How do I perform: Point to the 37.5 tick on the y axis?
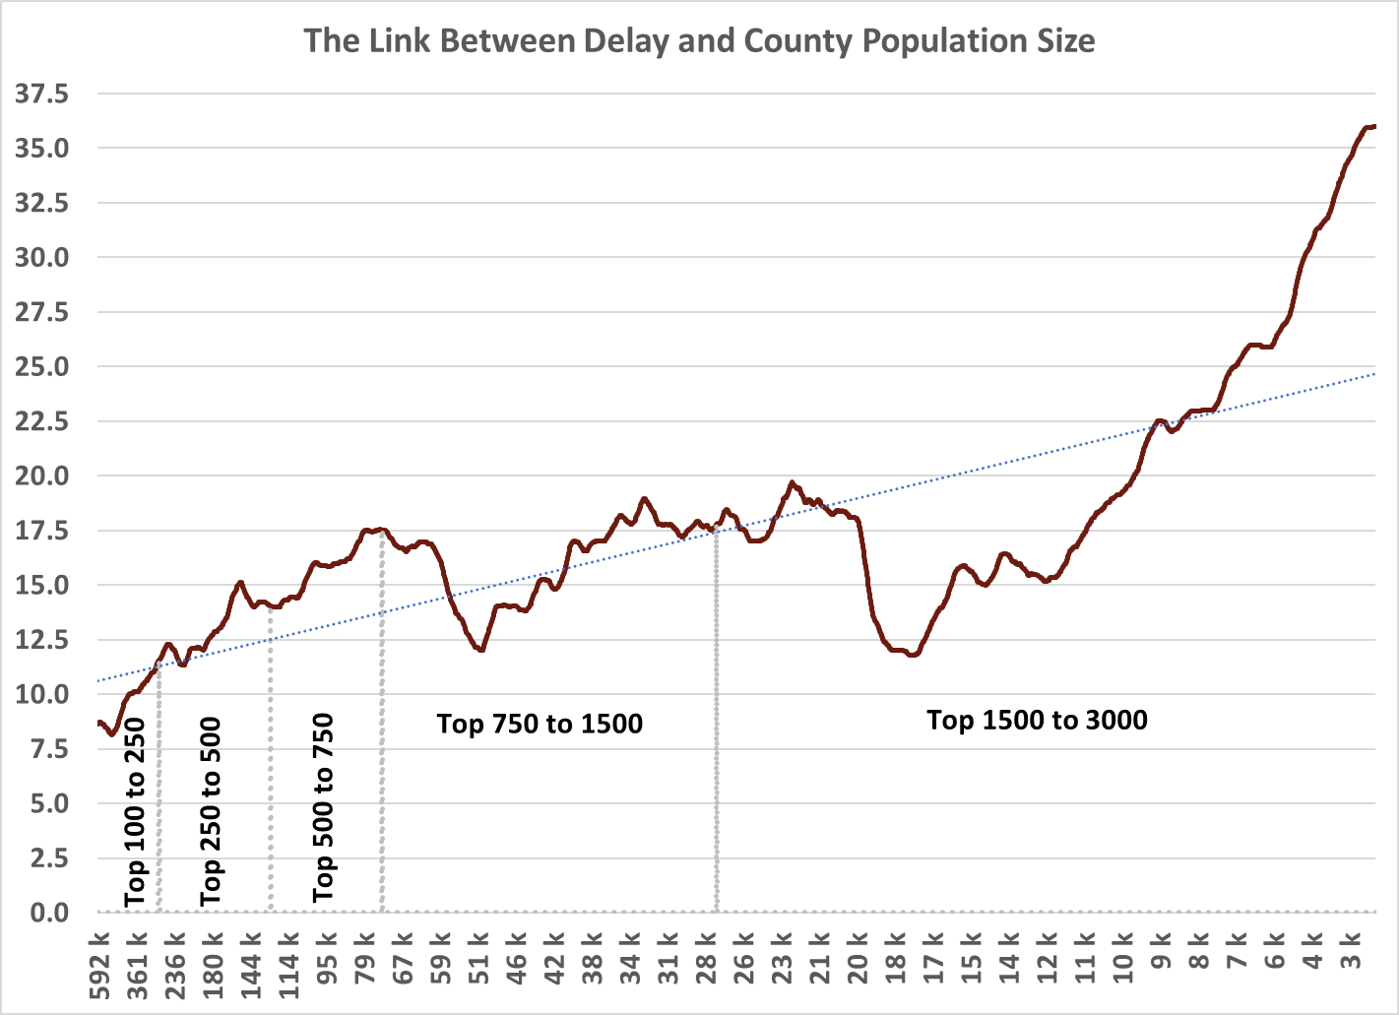click(41, 95)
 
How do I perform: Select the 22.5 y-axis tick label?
click(41, 421)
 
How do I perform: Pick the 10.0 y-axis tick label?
click(41, 694)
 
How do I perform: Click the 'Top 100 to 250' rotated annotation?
click(135, 812)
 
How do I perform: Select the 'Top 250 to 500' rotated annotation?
click(211, 812)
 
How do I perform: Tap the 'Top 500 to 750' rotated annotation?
click(323, 808)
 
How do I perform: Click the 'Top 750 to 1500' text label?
click(540, 725)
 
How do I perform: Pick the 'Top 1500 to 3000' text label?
click(1037, 721)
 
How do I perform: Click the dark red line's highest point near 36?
click(1370, 127)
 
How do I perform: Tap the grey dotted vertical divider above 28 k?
click(716, 719)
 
